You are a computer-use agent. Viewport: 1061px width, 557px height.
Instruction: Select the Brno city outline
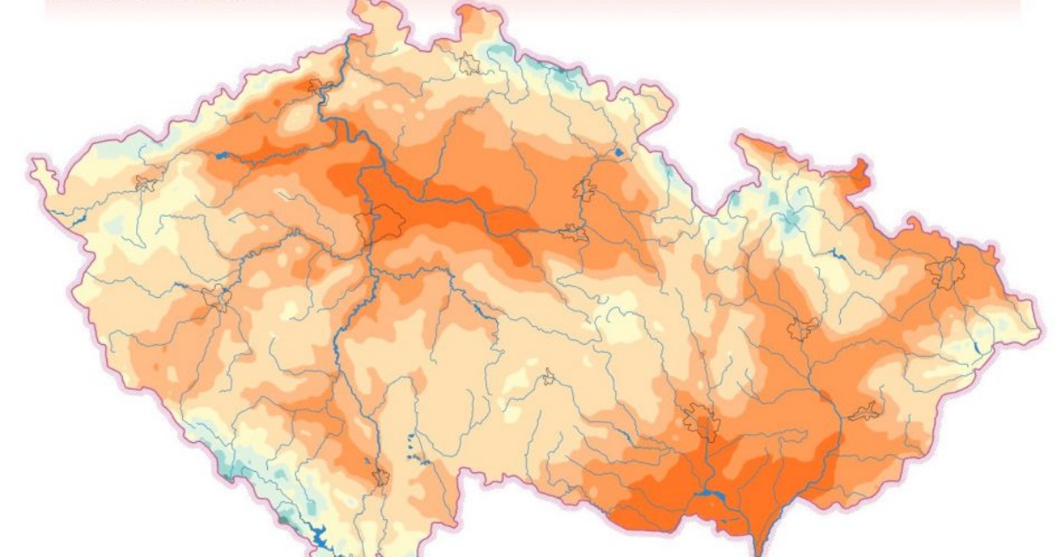point(702,421)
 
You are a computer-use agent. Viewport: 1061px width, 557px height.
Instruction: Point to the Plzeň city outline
point(216,298)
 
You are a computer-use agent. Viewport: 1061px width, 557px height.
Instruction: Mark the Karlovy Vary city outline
point(146,184)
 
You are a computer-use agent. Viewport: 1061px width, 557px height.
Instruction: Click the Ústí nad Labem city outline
point(319,87)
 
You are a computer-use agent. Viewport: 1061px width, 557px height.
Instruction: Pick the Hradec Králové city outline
point(584,189)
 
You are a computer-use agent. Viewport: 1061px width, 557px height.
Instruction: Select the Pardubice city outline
point(573,233)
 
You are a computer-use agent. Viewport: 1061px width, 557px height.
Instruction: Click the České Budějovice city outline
point(381,477)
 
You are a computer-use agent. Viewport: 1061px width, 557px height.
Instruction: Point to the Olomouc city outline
point(803,330)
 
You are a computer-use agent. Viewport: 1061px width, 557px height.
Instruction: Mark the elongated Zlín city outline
point(864,411)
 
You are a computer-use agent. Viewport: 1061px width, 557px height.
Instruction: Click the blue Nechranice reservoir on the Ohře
point(221,156)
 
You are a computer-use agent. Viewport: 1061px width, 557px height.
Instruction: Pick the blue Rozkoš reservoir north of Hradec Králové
point(618,153)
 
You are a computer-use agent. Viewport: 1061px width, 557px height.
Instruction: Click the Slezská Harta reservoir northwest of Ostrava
point(836,254)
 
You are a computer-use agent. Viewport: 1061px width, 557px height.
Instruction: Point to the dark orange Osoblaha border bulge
point(859,170)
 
